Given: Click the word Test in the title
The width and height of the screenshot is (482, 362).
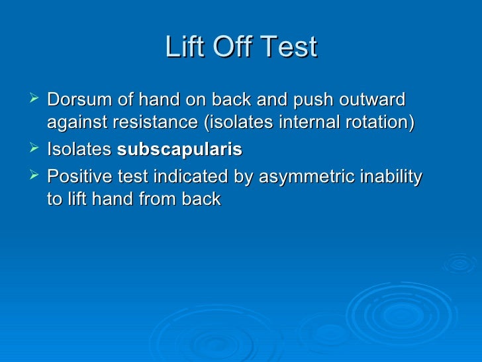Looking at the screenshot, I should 289,48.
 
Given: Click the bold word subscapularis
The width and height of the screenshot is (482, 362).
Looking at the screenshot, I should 179,151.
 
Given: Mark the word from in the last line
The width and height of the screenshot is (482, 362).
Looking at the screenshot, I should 152,199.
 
